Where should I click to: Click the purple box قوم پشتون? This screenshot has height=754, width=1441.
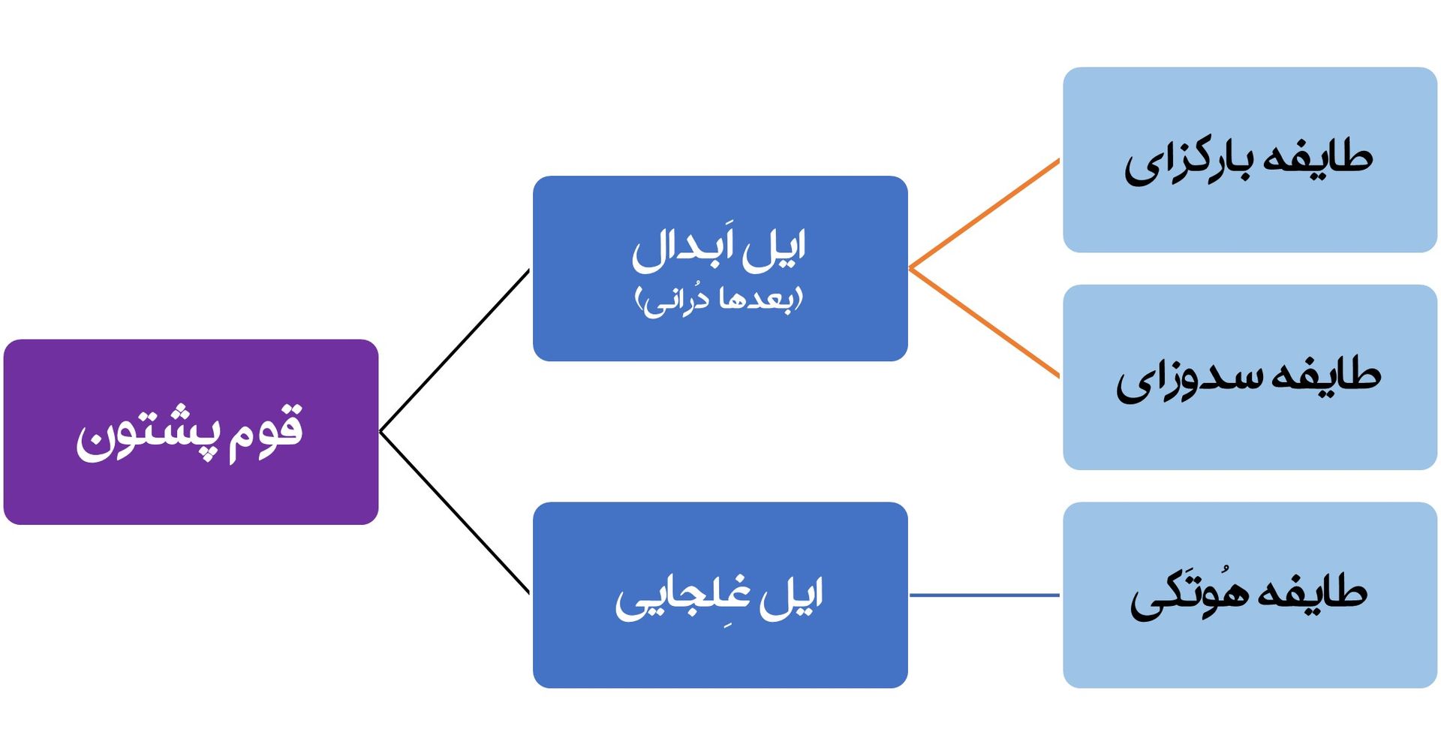coord(191,432)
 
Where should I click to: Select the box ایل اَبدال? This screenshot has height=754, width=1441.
coord(720,268)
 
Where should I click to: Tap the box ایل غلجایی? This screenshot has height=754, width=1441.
coord(720,595)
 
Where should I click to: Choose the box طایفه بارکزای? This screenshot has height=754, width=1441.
coord(1250,160)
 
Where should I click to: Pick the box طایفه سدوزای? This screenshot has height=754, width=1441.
coord(1250,377)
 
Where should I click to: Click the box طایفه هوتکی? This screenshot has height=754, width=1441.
coord(1250,595)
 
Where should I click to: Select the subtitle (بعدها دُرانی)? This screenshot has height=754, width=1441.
coord(719,300)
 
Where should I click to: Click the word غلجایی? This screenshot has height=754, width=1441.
coord(682,599)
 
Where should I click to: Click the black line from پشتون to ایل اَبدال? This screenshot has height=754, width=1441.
coord(455,351)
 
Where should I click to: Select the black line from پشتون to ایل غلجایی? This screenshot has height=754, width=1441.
coord(455,513)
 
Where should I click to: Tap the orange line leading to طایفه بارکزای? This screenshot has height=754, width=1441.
coord(984,214)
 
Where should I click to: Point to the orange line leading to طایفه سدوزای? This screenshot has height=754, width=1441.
coord(984,322)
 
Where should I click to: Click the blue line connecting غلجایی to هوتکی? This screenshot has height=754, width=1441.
coord(985,596)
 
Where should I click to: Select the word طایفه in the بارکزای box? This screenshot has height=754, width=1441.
coord(1318,158)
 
